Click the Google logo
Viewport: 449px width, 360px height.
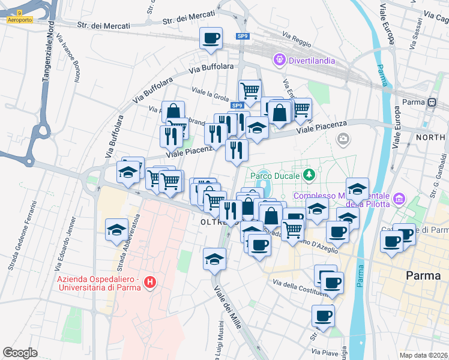coord(20,353)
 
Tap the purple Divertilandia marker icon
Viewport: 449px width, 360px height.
coord(279,59)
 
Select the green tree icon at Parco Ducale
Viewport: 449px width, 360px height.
coord(309,175)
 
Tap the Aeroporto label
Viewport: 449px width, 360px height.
coord(20,20)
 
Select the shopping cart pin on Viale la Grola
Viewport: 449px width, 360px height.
coord(250,91)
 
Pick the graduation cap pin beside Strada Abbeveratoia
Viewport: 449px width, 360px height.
coord(116,229)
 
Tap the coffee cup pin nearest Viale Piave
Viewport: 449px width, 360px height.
coord(323,316)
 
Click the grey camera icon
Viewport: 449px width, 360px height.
coord(343,139)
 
